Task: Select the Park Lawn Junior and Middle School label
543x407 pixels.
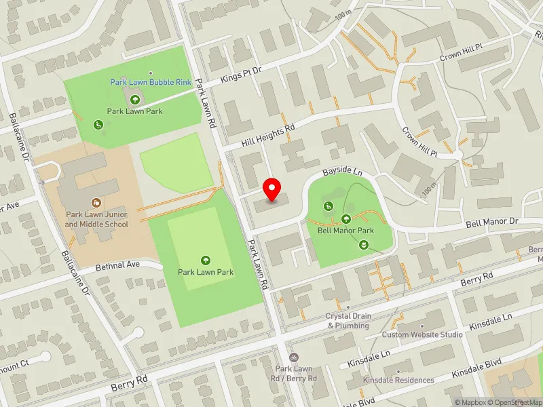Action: point(97,218)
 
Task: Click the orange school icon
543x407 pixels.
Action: point(96,202)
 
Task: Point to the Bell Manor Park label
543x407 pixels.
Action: point(345,230)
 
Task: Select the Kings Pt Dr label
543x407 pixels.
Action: point(242,75)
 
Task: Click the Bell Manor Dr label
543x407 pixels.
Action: point(491,222)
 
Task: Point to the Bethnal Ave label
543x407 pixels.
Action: point(117,265)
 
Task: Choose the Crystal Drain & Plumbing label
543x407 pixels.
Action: point(348,320)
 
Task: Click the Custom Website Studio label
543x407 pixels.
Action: point(422,334)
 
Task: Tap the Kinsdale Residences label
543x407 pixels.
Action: point(398,380)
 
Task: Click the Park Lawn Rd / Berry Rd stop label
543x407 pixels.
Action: point(293,373)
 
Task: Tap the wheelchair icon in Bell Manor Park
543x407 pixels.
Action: point(328,206)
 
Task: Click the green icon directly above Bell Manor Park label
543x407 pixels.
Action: point(346,218)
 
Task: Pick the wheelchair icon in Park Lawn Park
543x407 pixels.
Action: point(98,124)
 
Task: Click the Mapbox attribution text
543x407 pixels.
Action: point(471,402)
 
